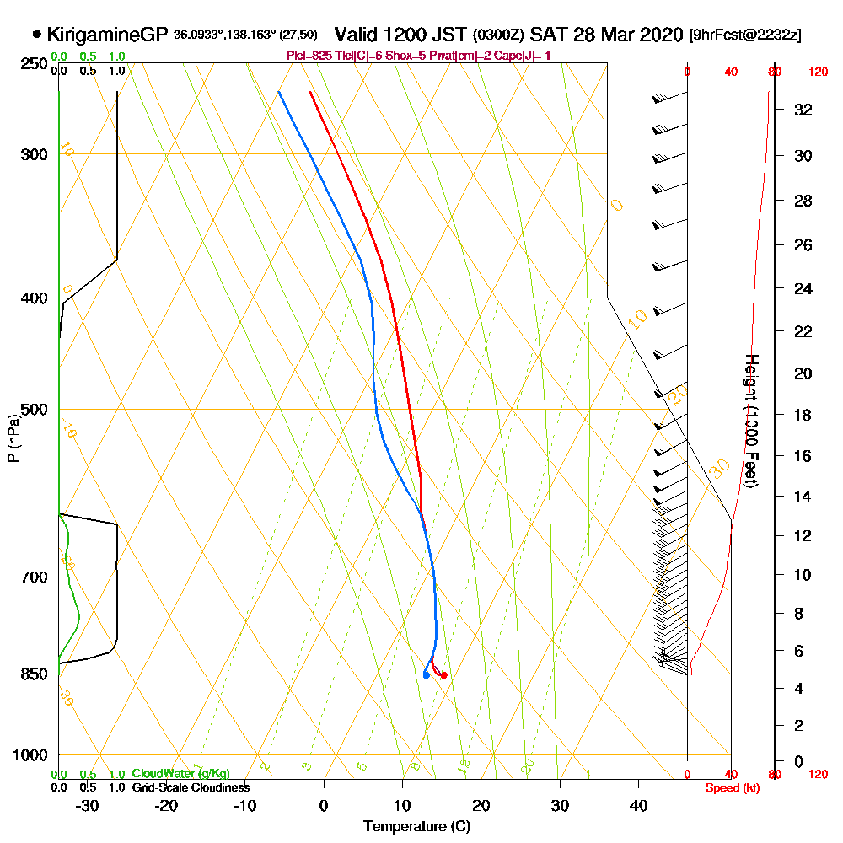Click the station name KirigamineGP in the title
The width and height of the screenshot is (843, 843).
(108, 35)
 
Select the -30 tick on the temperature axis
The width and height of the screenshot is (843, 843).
(87, 805)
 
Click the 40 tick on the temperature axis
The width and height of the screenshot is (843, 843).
(639, 805)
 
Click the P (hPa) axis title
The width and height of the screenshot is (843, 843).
(13, 438)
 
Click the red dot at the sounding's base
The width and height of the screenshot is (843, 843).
(443, 675)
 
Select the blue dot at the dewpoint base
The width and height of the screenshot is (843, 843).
(427, 674)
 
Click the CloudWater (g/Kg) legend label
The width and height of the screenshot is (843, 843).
(180, 774)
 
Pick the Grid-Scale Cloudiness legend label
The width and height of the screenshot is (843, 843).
(191, 787)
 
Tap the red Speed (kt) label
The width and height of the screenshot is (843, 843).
(730, 787)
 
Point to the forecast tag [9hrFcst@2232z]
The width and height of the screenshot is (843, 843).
(745, 35)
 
